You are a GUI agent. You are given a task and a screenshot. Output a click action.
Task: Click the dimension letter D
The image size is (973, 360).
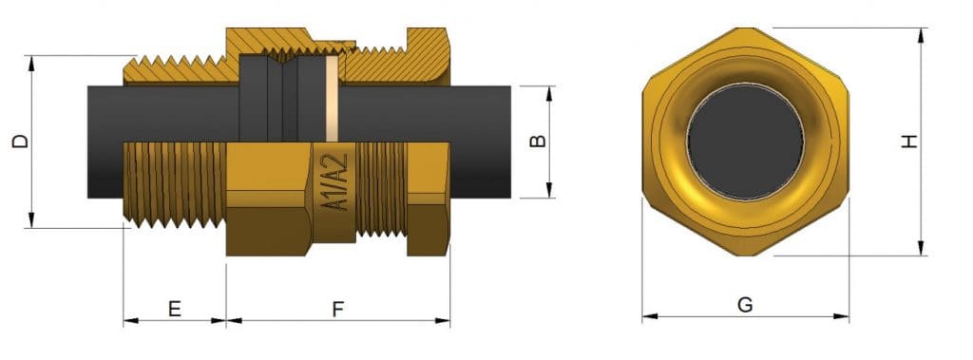pyautogui.click(x=19, y=142)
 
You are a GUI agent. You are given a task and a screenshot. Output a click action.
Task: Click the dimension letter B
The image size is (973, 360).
pyautogui.click(x=537, y=142)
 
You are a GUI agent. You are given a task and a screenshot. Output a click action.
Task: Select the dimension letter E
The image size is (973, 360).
pyautogui.click(x=174, y=309)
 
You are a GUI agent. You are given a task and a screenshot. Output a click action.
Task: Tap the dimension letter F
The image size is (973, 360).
pyautogui.click(x=338, y=309)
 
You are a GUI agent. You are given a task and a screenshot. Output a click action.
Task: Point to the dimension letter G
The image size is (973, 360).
pyautogui.click(x=745, y=305)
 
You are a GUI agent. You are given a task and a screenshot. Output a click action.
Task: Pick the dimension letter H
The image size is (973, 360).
pyautogui.click(x=909, y=142)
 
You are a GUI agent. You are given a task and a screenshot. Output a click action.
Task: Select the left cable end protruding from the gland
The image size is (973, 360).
pyautogui.click(x=106, y=142)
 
